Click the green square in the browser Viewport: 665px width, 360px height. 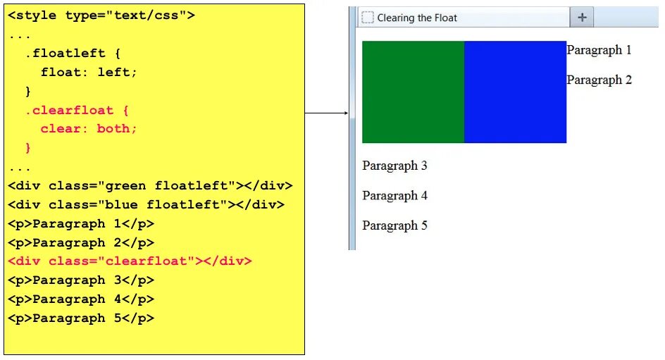[x=413, y=92]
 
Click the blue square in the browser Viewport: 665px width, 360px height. [x=515, y=92]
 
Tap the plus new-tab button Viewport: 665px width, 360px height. [x=582, y=17]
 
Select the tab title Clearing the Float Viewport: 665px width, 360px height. [x=417, y=18]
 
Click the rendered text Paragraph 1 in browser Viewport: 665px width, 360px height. [x=599, y=50]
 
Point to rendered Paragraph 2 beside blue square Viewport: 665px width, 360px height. [x=599, y=80]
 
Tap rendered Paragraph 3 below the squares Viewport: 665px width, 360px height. [x=394, y=166]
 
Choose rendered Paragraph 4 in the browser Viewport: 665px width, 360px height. [x=394, y=195]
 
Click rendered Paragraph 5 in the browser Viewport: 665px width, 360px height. [x=394, y=225]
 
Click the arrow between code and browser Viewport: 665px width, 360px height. [x=327, y=113]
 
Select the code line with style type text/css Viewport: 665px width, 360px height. [x=102, y=15]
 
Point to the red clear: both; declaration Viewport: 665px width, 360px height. [x=89, y=129]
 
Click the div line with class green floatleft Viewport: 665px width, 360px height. [x=150, y=186]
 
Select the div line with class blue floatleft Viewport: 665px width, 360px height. [x=146, y=205]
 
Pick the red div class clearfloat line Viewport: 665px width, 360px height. [x=130, y=261]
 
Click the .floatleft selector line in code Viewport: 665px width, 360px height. [x=72, y=54]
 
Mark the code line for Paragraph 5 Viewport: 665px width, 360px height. [x=81, y=318]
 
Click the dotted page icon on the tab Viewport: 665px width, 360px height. [x=367, y=18]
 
